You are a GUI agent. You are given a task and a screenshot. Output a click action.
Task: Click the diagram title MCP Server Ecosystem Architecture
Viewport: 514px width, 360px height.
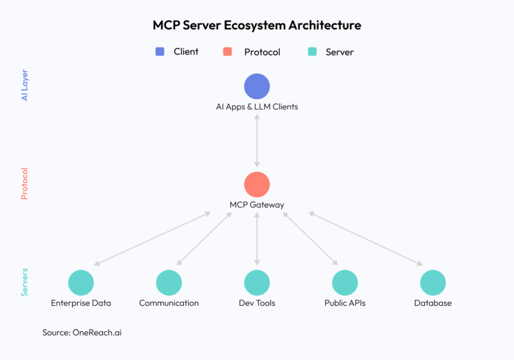[257, 25]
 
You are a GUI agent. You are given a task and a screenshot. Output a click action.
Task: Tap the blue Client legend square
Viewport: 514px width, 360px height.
[160, 52]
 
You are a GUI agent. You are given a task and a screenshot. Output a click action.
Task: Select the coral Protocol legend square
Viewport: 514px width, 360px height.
[228, 52]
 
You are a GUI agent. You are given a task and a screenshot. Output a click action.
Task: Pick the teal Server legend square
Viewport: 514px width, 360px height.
[312, 52]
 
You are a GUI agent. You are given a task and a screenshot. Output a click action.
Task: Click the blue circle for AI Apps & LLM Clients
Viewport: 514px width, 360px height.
[257, 86]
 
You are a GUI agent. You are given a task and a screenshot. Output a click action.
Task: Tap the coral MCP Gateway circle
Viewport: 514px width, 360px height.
[257, 185]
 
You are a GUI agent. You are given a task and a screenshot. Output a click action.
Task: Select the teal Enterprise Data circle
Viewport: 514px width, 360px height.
[81, 282]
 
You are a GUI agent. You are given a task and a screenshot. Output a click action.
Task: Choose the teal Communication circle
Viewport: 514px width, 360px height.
[169, 282]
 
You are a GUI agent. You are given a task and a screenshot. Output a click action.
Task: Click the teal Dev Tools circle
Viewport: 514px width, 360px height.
[257, 282]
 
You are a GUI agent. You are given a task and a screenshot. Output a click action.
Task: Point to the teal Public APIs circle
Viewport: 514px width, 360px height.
[345, 282]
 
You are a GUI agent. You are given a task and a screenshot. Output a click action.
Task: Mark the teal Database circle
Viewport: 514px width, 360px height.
[433, 282]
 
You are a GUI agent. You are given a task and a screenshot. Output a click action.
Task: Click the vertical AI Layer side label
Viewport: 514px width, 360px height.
[25, 85]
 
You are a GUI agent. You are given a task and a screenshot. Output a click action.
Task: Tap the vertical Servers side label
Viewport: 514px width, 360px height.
[25, 282]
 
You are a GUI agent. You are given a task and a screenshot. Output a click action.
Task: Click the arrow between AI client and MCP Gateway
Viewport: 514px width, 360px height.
[257, 141]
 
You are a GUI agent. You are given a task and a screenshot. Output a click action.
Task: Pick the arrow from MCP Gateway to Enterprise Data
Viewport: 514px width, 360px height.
[153, 239]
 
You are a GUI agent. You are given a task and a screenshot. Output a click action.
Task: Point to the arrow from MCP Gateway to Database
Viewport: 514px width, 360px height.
[365, 239]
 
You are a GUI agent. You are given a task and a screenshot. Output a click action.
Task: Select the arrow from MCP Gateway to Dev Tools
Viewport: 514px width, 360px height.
[257, 239]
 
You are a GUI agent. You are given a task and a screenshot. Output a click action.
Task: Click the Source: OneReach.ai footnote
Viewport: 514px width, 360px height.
[82, 332]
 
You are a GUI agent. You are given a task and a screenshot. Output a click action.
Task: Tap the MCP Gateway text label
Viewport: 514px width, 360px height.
[257, 205]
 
